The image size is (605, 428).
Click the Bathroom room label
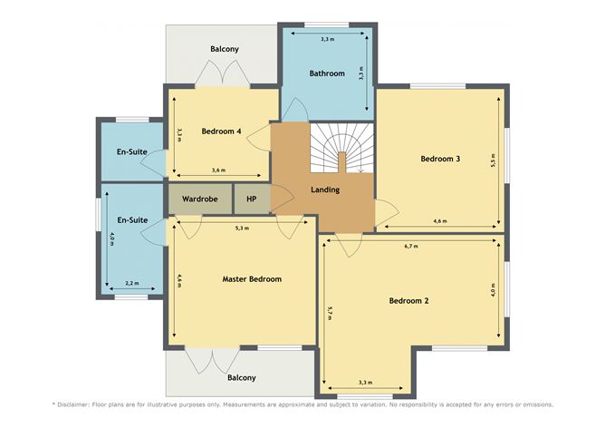pyautogui.click(x=327, y=73)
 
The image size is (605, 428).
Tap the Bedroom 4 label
pyautogui.click(x=222, y=131)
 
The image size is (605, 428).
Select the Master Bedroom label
pyautogui.click(x=252, y=279)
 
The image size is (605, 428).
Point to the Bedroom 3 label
pyautogui.click(x=440, y=159)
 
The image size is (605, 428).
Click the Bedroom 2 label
pyautogui.click(x=409, y=300)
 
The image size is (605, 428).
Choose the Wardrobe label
pyautogui.click(x=200, y=199)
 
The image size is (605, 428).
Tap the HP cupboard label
pyautogui.click(x=251, y=199)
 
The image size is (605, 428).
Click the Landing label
pyautogui.click(x=325, y=190)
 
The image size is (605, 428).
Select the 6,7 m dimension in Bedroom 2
pyautogui.click(x=411, y=246)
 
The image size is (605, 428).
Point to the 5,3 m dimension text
pyautogui.click(x=242, y=228)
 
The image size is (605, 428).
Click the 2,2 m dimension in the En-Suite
pyautogui.click(x=132, y=283)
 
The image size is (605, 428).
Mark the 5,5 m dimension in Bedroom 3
pyautogui.click(x=493, y=160)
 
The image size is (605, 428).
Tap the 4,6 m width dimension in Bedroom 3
pyautogui.click(x=440, y=221)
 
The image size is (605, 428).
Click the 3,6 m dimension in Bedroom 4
pyautogui.click(x=219, y=170)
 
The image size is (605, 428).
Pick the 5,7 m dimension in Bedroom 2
pyautogui.click(x=329, y=313)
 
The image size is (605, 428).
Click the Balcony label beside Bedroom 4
pyautogui.click(x=225, y=49)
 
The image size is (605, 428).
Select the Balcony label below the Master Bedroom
pyautogui.click(x=242, y=377)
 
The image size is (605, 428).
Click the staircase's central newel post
pyautogui.click(x=341, y=161)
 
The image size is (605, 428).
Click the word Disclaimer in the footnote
pyautogui.click(x=73, y=404)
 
